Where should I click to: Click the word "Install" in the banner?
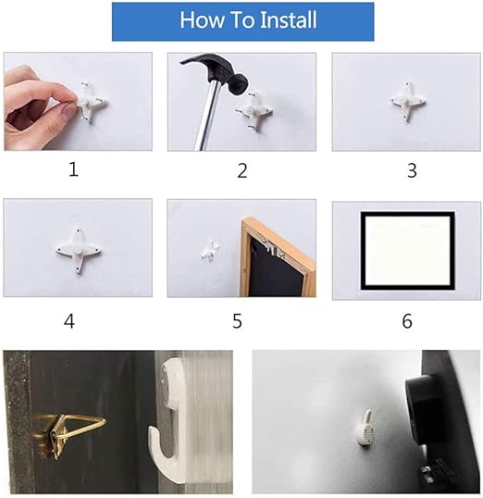tap(288, 19)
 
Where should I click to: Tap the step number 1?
tap(74, 169)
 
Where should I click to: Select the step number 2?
tap(242, 170)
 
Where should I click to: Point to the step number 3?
tap(412, 170)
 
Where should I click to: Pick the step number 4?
tap(69, 321)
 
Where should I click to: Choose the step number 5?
tap(237, 321)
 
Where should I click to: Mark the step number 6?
tap(407, 321)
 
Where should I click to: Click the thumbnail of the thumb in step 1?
tap(68, 111)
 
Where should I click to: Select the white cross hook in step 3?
tap(408, 102)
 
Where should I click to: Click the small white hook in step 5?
tap(210, 251)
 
